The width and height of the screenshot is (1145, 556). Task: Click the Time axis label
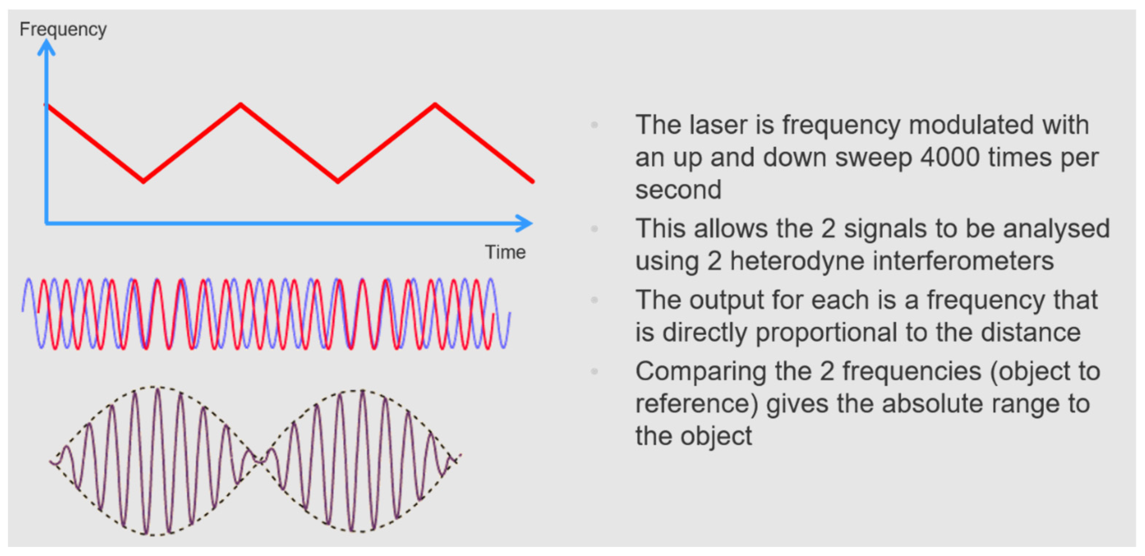tap(505, 252)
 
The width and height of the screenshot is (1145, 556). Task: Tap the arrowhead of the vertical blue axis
tap(46, 46)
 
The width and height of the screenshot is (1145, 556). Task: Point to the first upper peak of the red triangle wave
tap(241, 105)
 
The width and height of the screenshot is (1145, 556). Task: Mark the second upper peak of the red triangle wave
tap(435, 105)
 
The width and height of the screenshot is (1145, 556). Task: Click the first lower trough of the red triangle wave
tap(143, 181)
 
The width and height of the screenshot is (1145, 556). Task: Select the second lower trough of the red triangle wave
tap(338, 181)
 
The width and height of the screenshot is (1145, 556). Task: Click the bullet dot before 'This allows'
tap(594, 229)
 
